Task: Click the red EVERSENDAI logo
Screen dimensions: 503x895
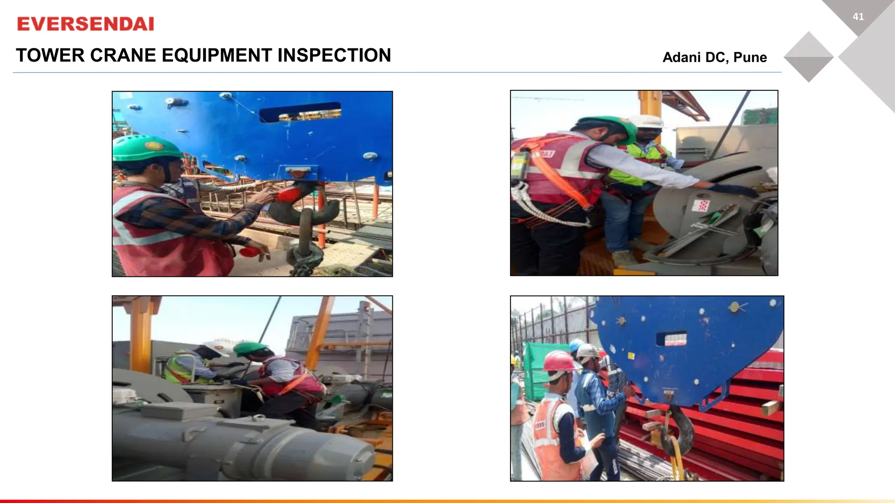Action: point(86,24)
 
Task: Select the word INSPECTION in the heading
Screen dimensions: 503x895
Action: point(334,55)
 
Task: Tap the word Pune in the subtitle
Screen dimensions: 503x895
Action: point(750,57)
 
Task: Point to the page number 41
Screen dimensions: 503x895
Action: point(858,17)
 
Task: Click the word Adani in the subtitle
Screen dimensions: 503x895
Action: point(682,57)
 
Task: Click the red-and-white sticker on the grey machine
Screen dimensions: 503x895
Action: point(700,205)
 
